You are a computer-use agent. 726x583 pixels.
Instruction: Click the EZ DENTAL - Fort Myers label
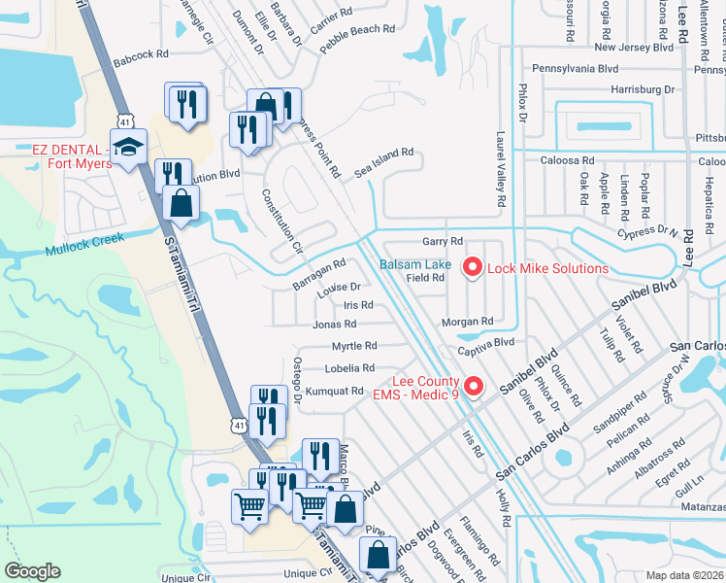click(x=66, y=156)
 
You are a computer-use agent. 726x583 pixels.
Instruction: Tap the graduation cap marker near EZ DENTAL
click(x=127, y=148)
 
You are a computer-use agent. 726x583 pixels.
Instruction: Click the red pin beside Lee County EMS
click(x=474, y=386)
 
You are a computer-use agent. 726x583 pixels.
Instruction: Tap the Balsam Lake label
click(x=414, y=264)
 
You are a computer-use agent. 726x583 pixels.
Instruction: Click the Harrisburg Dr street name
click(x=635, y=89)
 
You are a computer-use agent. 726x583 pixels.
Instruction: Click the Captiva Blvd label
click(x=491, y=342)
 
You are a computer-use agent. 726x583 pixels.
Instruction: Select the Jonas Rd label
click(x=336, y=325)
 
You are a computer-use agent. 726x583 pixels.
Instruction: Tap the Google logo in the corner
click(x=33, y=571)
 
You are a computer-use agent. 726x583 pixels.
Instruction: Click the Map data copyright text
click(x=686, y=574)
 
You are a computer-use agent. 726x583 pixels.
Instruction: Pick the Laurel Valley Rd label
click(x=501, y=170)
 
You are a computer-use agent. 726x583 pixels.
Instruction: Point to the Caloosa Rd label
click(x=568, y=160)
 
